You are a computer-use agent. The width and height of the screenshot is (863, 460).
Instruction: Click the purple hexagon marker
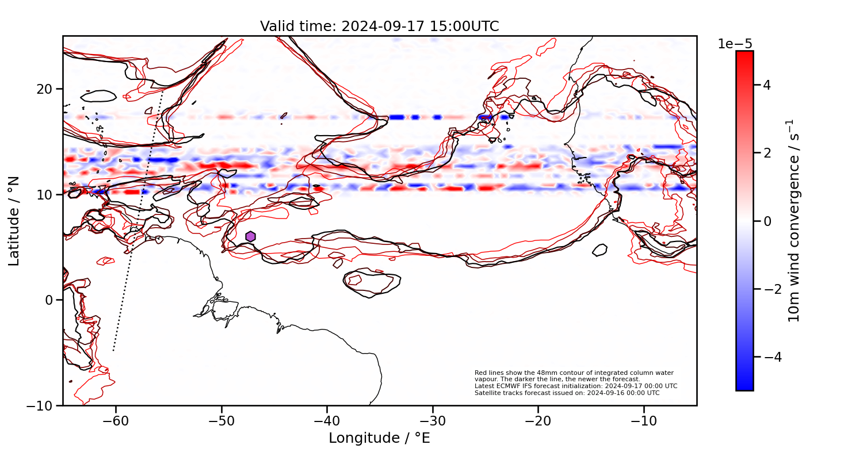point(250,236)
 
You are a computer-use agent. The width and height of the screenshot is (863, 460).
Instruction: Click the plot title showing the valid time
point(379,26)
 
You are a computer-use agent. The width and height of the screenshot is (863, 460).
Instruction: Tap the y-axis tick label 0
point(49,300)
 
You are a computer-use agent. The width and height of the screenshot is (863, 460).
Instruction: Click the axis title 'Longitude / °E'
point(379,438)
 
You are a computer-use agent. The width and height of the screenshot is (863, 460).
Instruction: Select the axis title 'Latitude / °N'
point(14,221)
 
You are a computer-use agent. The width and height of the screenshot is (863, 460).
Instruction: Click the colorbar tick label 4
point(767,85)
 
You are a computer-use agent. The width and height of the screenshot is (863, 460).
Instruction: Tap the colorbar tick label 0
point(767,221)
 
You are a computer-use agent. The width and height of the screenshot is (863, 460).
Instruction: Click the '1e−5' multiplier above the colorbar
point(735,44)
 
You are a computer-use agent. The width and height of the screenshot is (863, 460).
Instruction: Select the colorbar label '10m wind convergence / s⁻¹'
point(794,221)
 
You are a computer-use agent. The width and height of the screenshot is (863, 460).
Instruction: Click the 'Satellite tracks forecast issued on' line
point(567,393)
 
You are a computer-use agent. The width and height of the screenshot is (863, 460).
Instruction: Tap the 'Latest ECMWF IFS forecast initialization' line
point(575,386)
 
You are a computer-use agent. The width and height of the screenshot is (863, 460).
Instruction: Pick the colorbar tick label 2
point(767,153)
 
